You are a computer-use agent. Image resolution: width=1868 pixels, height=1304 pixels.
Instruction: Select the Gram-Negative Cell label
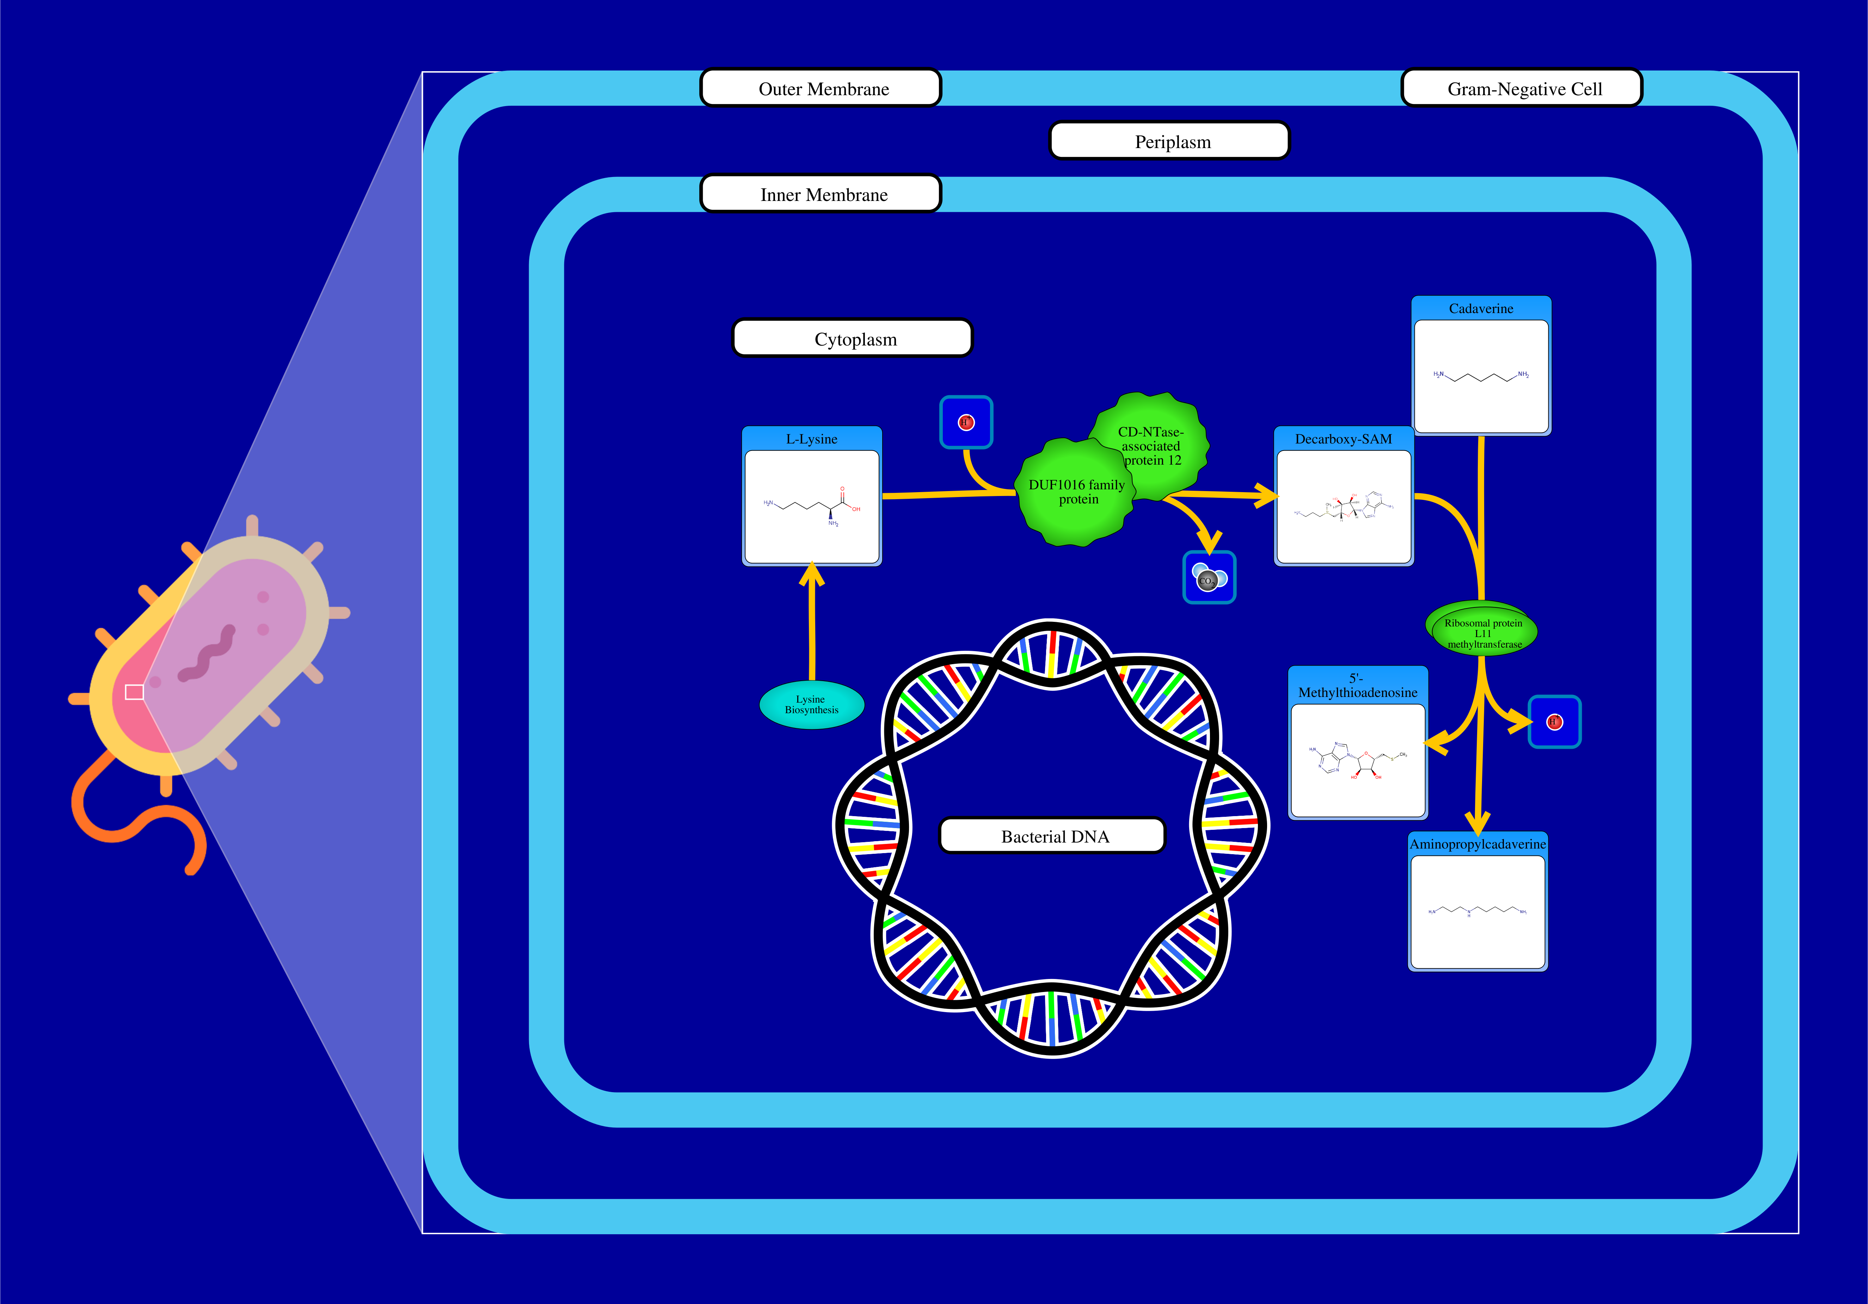point(1522,88)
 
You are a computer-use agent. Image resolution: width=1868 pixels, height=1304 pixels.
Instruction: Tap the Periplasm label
point(1169,141)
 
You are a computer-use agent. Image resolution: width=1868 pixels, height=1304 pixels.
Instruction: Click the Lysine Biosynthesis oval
point(811,705)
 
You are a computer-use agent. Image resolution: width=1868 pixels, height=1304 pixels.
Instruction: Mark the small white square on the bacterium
point(134,692)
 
